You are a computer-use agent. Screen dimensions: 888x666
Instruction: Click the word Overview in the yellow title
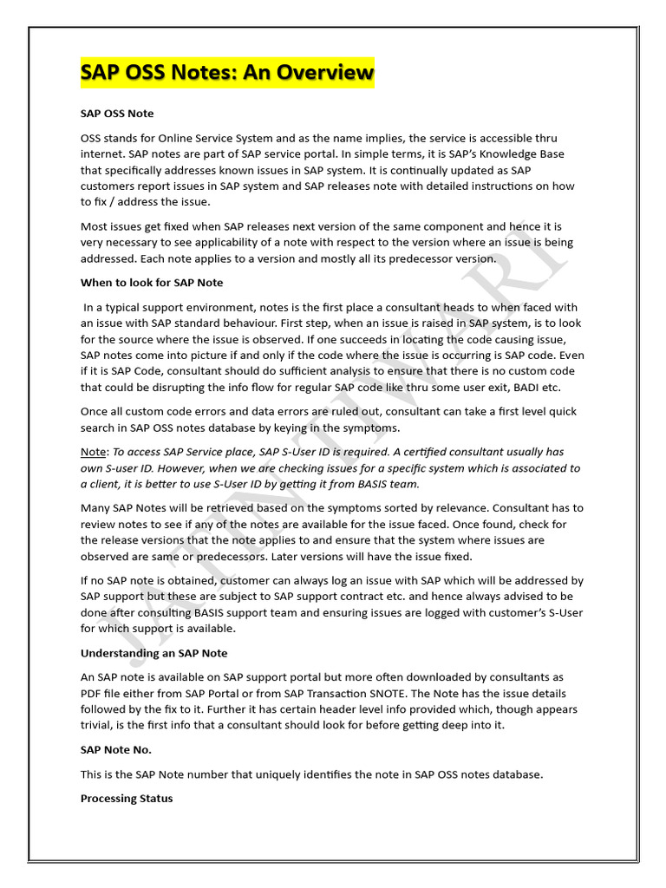pos(324,74)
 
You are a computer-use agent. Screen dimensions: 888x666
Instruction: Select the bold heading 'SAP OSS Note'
pos(117,114)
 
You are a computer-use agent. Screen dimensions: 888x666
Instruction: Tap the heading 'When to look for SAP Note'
pos(152,283)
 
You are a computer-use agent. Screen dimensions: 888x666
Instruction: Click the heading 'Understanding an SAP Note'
pos(154,653)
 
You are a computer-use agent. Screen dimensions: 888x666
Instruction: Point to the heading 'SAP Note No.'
pos(116,749)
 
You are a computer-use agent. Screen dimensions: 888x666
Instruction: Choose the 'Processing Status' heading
pos(127,798)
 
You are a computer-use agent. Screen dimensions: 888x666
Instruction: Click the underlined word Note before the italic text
pos(94,452)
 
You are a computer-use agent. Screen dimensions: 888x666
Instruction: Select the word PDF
pos(92,693)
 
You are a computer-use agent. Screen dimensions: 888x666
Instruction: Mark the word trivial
pos(96,725)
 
